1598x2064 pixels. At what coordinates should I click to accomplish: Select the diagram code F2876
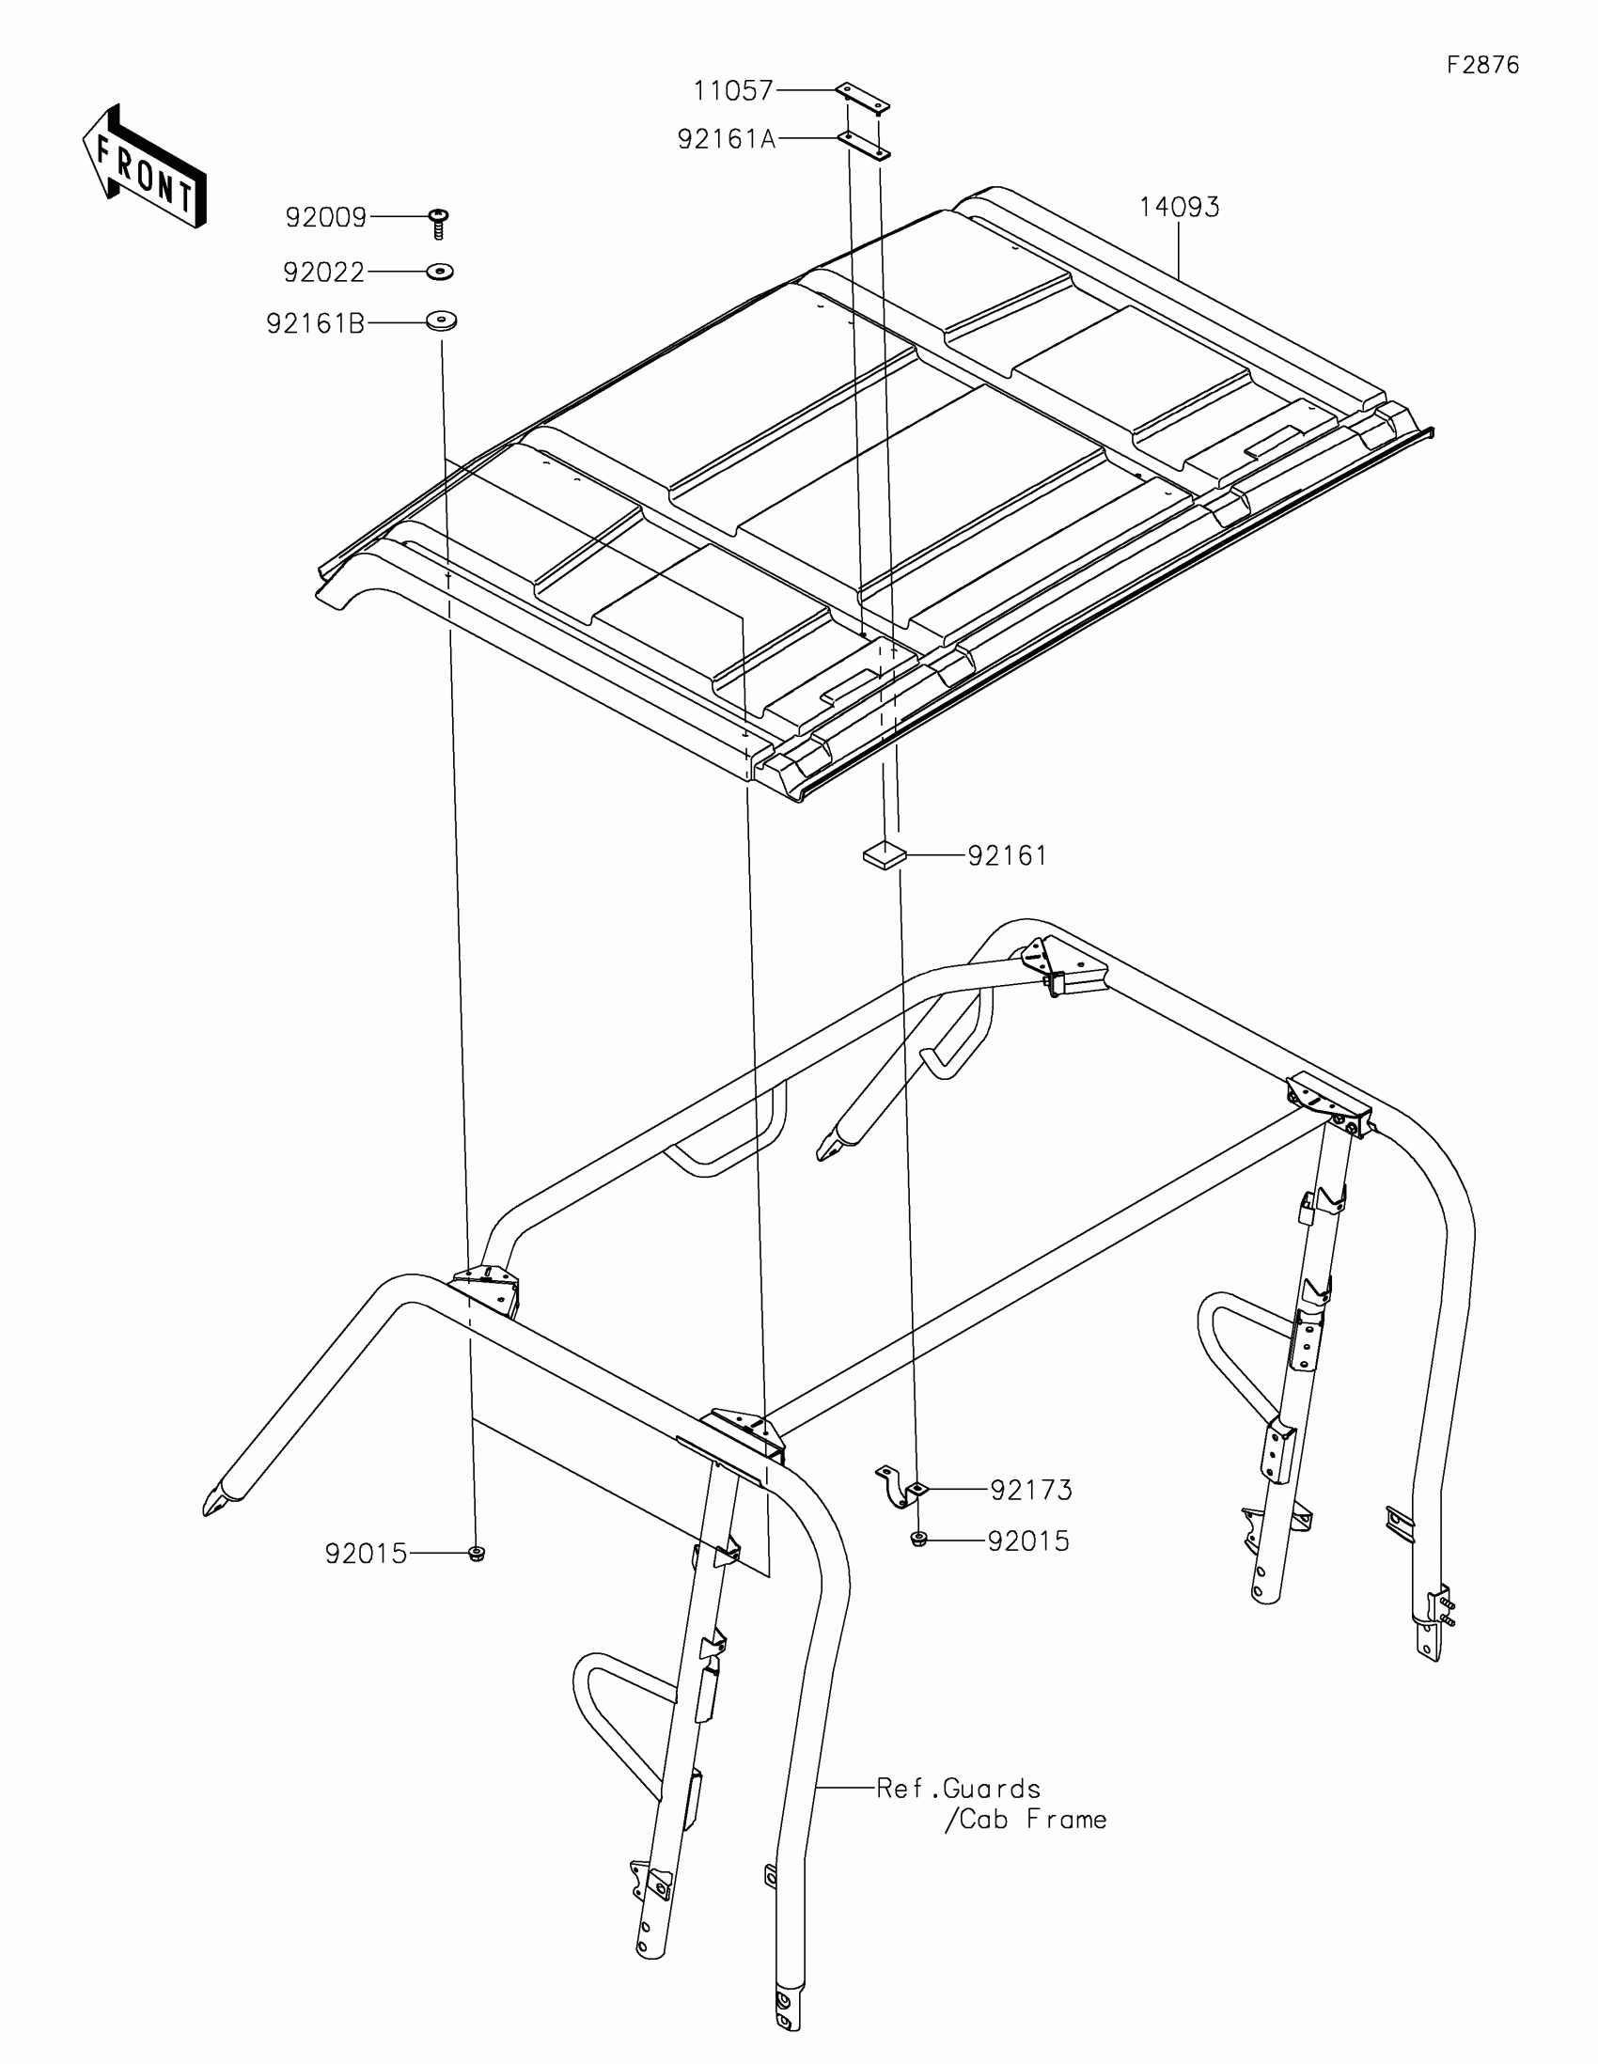tap(1482, 65)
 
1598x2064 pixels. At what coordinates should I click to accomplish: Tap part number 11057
tap(733, 91)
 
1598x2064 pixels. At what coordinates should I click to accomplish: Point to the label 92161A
tap(726, 140)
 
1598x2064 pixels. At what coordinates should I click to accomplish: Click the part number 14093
tap(1180, 207)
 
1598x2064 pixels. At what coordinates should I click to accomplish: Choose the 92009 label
tap(326, 218)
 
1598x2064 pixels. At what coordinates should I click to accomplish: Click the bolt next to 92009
tap(438, 224)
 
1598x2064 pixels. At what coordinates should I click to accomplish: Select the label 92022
tap(324, 274)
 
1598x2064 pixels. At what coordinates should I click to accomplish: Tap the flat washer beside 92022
tap(439, 273)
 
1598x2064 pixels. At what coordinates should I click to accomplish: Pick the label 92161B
tap(316, 325)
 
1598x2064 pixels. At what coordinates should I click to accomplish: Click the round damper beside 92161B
tap(440, 321)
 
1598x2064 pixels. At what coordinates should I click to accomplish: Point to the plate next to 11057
tap(864, 99)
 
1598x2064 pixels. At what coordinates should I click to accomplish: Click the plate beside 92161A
tap(863, 146)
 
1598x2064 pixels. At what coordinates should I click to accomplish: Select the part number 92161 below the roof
tap(1008, 856)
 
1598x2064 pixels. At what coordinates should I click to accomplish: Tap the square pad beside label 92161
tap(884, 855)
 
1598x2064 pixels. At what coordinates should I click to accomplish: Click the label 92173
tap(1032, 1491)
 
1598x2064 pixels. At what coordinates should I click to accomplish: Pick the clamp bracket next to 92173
tap(900, 1487)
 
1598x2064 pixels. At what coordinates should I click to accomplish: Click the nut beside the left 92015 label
tap(478, 1553)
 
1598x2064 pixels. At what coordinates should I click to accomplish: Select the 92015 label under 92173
tap(1029, 1541)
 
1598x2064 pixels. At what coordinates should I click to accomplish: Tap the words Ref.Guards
tap(958, 1789)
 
